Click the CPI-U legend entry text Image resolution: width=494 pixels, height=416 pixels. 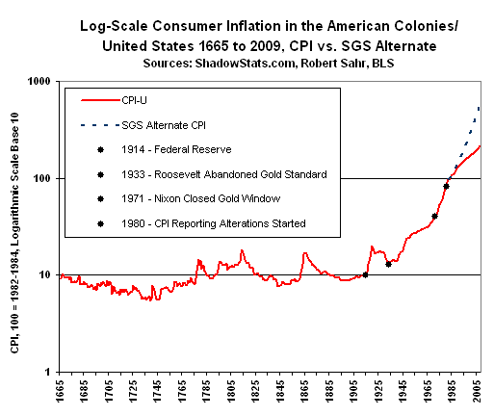[138, 99]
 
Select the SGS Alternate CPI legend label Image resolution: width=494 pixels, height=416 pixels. [169, 124]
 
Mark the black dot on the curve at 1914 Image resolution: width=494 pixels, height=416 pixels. [365, 274]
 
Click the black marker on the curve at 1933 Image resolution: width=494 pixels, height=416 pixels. [388, 263]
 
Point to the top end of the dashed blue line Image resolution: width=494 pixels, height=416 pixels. [480, 106]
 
